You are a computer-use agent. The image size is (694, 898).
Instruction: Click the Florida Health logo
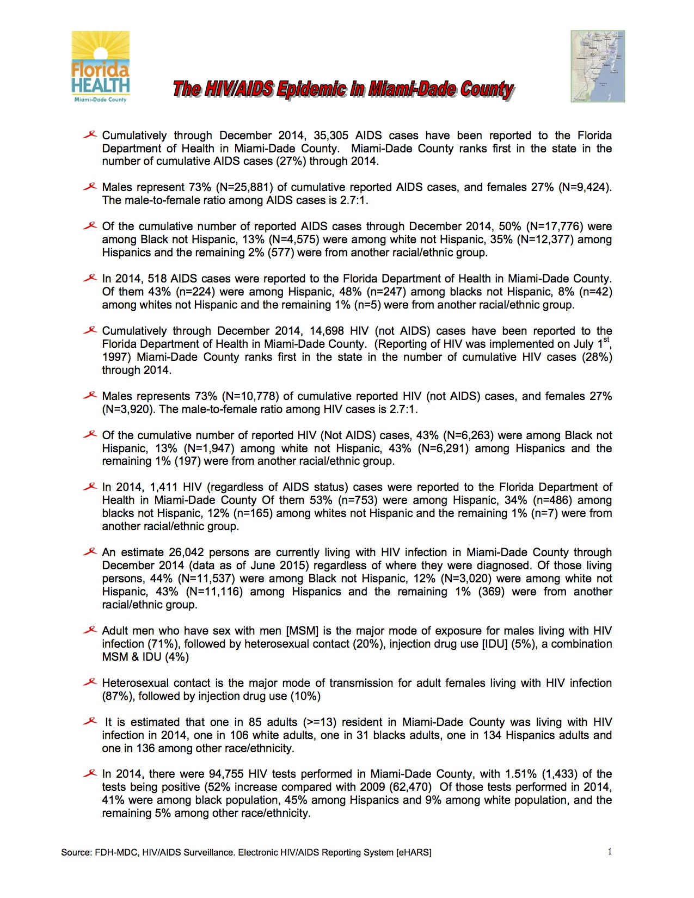coord(101,67)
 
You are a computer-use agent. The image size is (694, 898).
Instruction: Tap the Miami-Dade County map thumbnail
coord(598,66)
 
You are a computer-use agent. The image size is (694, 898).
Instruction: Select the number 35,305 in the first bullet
coord(331,136)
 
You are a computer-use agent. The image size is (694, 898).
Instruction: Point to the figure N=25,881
coord(248,187)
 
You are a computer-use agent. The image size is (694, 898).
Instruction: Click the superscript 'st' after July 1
coord(607,340)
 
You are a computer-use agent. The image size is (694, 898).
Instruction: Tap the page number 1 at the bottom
coord(610,852)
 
